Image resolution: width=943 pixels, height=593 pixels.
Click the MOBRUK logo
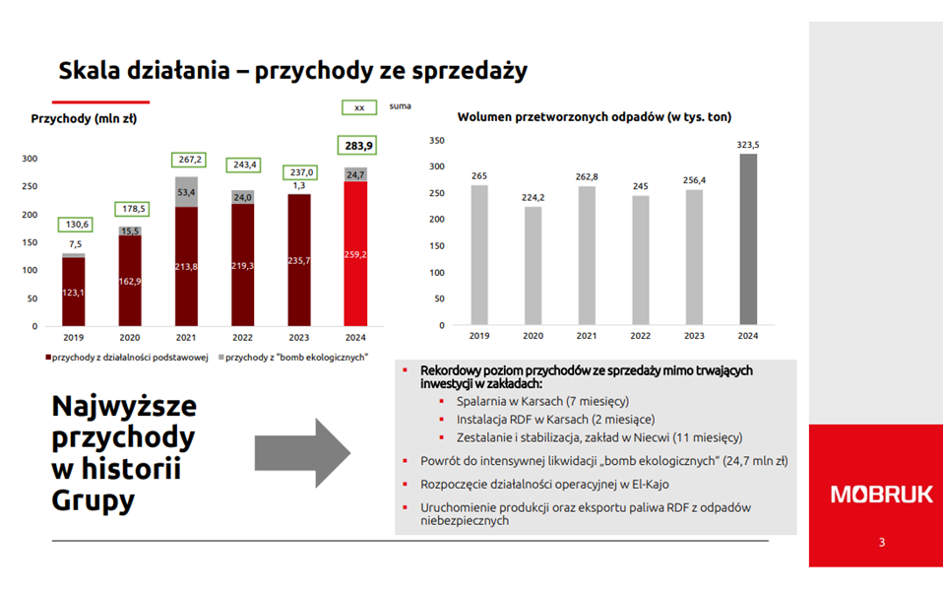[x=875, y=494]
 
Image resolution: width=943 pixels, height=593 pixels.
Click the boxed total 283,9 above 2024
[x=358, y=146]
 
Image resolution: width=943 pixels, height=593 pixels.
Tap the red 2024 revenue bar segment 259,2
[x=357, y=254]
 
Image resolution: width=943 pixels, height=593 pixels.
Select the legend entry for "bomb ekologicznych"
[x=292, y=357]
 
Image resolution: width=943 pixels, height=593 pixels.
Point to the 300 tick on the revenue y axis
[x=30, y=159]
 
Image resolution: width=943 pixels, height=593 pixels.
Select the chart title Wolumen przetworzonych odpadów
[x=594, y=116]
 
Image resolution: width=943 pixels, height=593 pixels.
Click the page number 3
[x=881, y=543]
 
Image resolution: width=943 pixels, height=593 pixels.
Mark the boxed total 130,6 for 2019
[x=79, y=225]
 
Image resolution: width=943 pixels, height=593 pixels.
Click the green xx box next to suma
[x=358, y=106]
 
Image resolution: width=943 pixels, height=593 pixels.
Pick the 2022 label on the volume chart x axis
[x=641, y=336]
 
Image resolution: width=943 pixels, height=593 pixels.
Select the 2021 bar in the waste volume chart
[x=587, y=254]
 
